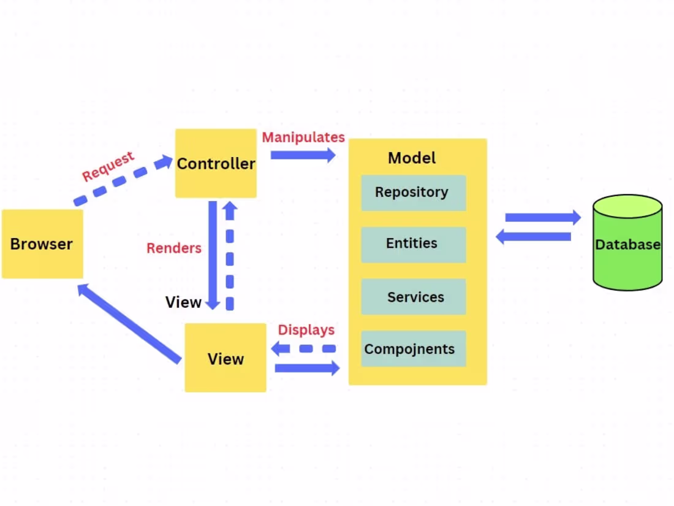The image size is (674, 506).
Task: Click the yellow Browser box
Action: [42, 244]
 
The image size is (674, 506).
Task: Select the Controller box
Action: [216, 164]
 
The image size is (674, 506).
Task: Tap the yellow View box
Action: [225, 358]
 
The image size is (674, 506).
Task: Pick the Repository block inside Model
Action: [413, 193]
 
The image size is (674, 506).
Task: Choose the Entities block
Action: [413, 244]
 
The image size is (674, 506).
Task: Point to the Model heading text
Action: [412, 158]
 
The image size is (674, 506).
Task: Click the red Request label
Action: [108, 167]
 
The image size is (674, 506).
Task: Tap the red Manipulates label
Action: [303, 137]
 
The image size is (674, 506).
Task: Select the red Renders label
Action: [174, 248]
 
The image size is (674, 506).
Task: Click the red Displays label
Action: [306, 330]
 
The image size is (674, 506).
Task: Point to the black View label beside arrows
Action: [183, 302]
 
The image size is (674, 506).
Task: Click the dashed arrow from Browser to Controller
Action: [123, 181]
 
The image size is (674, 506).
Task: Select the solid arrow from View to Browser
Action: [129, 323]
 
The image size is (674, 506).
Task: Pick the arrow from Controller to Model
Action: [303, 155]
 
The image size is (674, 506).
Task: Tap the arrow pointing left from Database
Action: [533, 237]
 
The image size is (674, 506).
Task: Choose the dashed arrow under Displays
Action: [304, 348]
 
